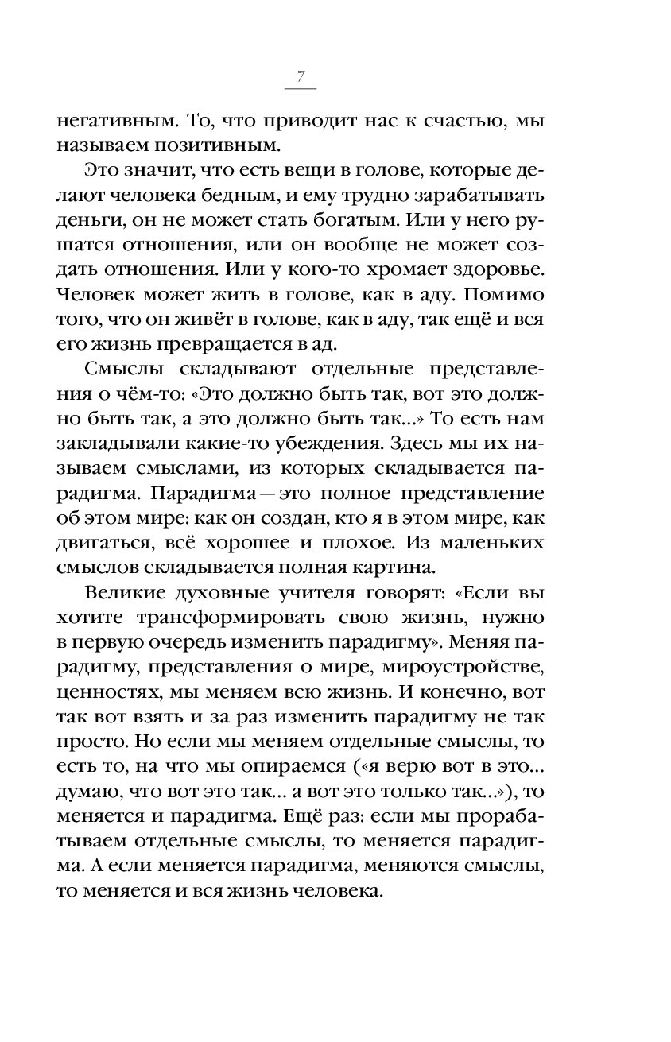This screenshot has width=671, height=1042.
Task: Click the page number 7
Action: coord(300,77)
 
